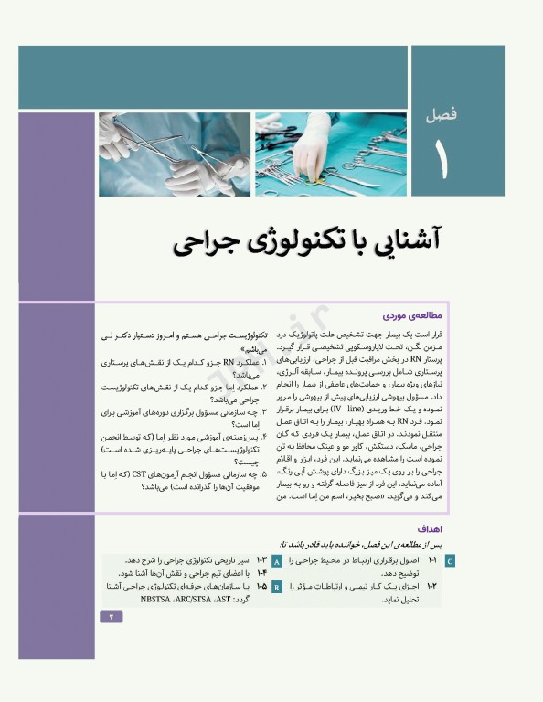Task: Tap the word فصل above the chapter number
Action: (443, 116)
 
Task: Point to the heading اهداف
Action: (431, 528)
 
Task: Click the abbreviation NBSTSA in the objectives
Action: (162, 600)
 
